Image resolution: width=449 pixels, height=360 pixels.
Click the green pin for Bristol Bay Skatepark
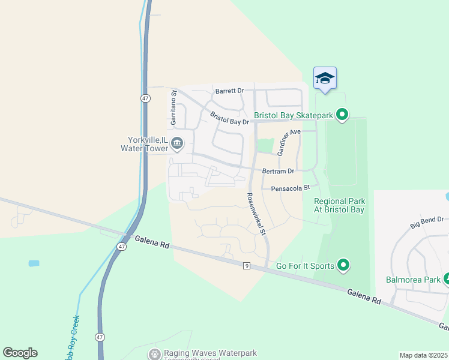(x=342, y=114)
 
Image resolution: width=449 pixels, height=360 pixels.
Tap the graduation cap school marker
(x=325, y=78)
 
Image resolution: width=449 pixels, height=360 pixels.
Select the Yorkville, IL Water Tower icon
(x=177, y=143)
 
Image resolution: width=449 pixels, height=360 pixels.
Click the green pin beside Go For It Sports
(x=343, y=264)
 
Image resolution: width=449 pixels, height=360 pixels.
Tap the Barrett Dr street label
(x=229, y=91)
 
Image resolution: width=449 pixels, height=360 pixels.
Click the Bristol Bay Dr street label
(x=229, y=118)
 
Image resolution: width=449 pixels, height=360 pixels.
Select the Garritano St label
(x=173, y=107)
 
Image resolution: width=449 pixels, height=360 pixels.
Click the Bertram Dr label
(x=278, y=171)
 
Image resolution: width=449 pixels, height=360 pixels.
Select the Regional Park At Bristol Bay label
(x=339, y=206)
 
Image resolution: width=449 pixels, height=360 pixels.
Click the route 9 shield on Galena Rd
(x=246, y=266)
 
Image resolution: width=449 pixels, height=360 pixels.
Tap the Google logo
(x=20, y=353)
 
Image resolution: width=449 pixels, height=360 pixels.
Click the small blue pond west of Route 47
(x=34, y=263)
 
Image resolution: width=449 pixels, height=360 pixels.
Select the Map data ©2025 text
(x=423, y=355)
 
